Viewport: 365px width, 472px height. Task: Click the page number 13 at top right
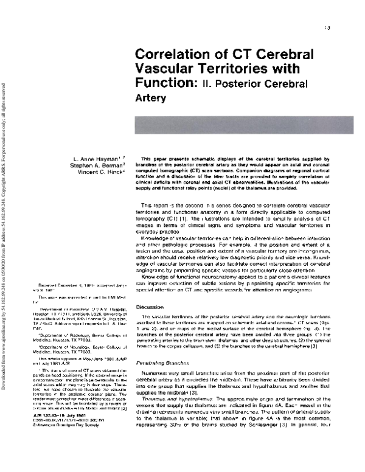tap(327, 28)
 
